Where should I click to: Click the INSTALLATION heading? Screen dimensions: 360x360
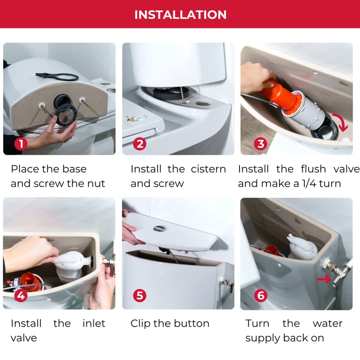pos(180,14)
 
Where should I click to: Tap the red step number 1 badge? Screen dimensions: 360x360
pos(21,144)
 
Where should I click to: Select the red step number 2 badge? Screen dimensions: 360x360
pos(140,144)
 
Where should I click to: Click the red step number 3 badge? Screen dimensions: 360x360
pos(260,144)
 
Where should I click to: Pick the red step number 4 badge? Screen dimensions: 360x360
pos(21,296)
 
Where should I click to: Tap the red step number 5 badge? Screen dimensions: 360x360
pos(140,296)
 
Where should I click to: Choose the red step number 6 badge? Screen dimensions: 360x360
pos(260,296)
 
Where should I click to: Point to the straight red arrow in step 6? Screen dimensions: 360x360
pos(324,278)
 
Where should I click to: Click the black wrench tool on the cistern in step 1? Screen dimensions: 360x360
pos(57,77)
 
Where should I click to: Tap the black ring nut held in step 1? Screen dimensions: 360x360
pos(66,114)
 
